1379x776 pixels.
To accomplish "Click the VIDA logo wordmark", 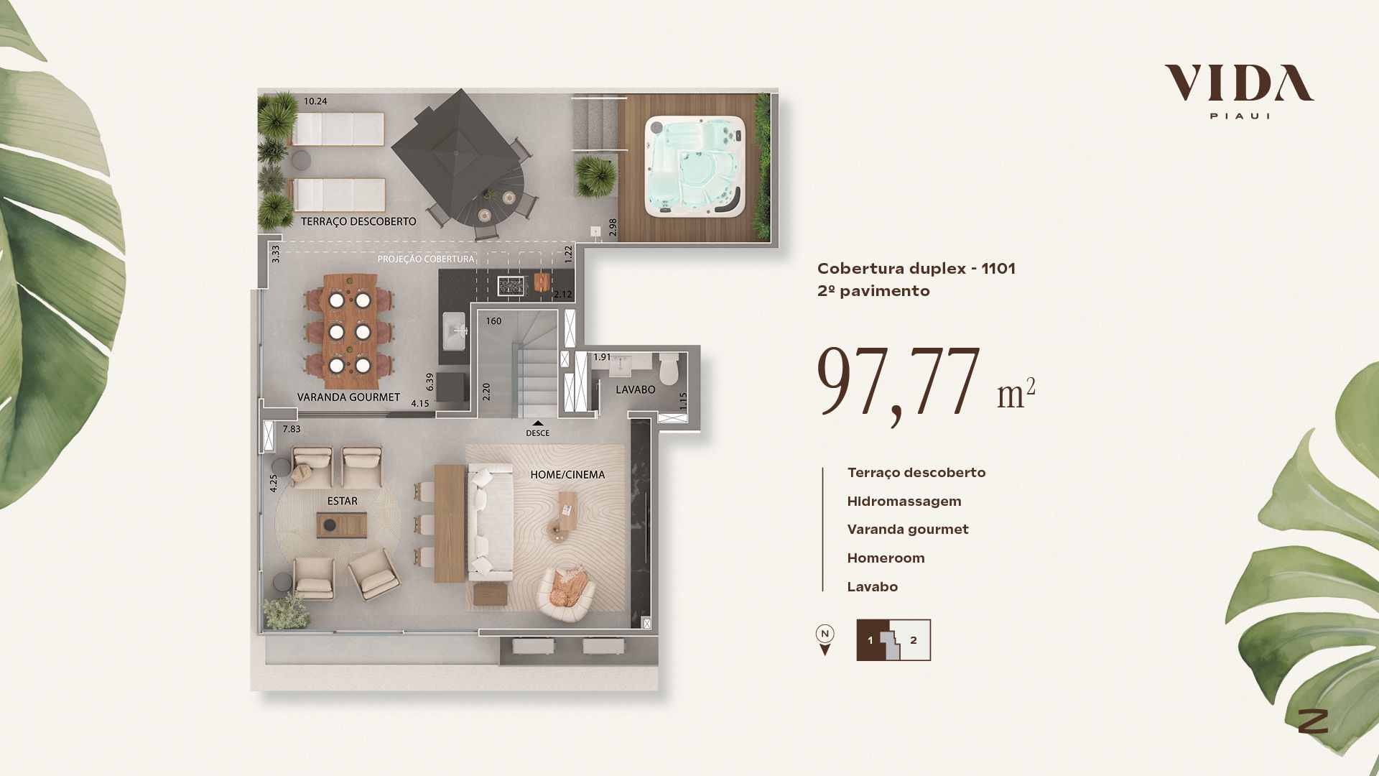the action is coord(1239,83).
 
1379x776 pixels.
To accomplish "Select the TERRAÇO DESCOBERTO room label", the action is coord(358,221).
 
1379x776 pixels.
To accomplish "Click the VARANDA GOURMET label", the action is coord(348,397).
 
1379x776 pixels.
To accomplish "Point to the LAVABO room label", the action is coord(636,389).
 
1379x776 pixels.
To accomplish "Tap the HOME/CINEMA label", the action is coord(567,474).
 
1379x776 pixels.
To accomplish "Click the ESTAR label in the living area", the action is coord(342,501).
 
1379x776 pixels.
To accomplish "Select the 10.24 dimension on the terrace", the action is coord(315,101).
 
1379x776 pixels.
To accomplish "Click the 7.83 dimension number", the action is coord(292,429).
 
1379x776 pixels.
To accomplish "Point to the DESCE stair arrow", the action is coord(537,423).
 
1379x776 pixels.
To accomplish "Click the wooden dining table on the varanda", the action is coord(349,325).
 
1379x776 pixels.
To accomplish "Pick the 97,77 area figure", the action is coord(899,382).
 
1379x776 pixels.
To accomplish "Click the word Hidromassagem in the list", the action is coord(904,501).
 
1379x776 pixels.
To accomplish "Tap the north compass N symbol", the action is coord(825,634).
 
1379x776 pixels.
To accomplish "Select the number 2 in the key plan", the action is coord(914,640).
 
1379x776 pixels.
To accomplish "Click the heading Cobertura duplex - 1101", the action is coord(916,269).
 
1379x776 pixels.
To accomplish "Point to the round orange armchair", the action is coord(567,593).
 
